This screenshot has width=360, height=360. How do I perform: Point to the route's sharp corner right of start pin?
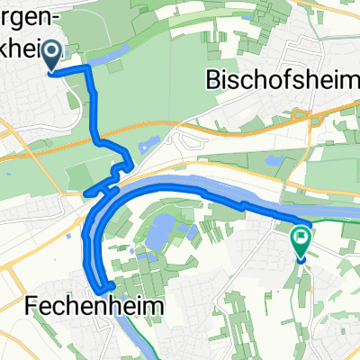point(88,68)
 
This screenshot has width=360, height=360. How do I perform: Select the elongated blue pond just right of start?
point(112,58)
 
